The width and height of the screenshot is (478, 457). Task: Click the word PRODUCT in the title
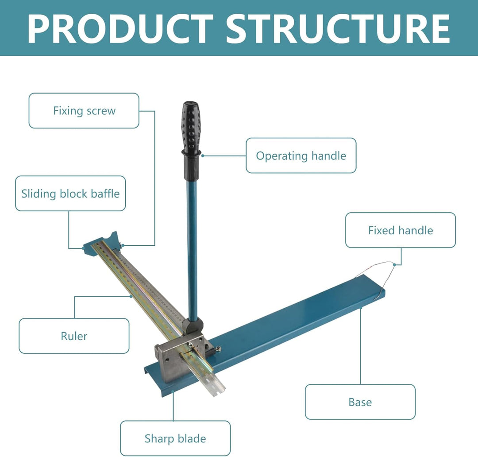(120, 29)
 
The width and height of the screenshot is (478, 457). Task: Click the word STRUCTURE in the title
(338, 29)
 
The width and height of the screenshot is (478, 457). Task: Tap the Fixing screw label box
(84, 110)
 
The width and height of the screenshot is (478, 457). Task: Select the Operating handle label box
(301, 155)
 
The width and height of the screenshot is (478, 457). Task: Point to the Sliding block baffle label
(70, 194)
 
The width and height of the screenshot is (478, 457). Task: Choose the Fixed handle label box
(401, 230)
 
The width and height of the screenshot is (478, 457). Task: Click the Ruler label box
(74, 336)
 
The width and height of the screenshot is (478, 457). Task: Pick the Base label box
(360, 402)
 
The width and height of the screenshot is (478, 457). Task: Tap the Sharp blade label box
(175, 438)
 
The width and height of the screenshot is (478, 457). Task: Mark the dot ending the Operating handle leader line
(203, 155)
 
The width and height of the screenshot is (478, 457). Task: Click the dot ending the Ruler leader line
(131, 296)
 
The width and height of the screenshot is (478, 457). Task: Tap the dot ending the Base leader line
(361, 308)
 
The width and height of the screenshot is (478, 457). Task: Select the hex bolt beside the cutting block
(218, 349)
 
